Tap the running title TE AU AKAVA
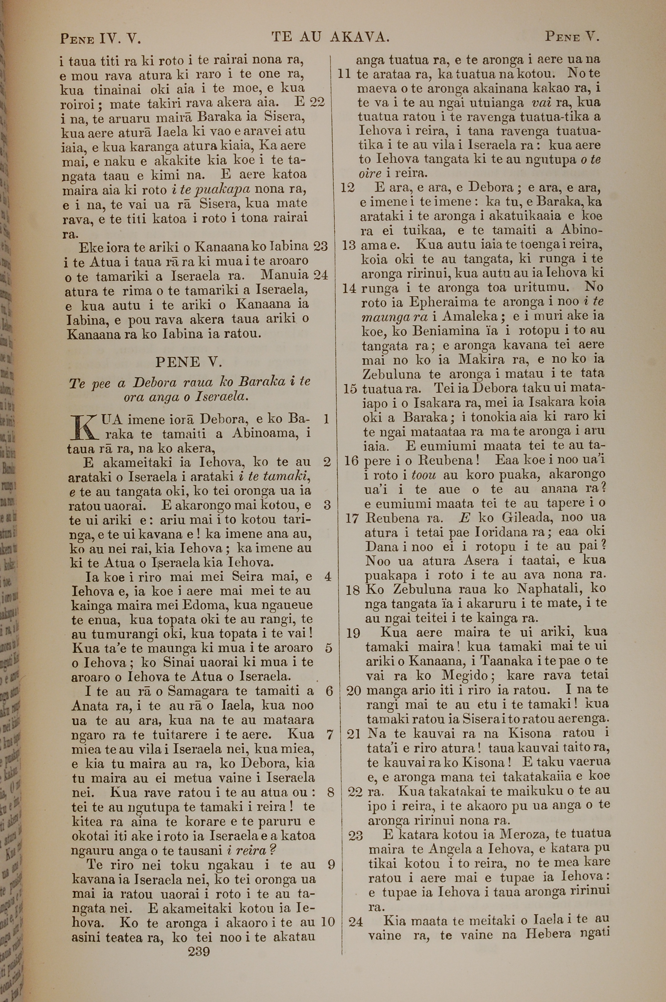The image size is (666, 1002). click(330, 38)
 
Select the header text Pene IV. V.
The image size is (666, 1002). click(100, 39)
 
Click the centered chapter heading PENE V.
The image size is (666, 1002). click(188, 362)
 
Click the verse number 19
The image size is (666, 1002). click(353, 634)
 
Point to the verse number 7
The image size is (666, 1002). click(330, 735)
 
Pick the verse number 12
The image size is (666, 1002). click(347, 188)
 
